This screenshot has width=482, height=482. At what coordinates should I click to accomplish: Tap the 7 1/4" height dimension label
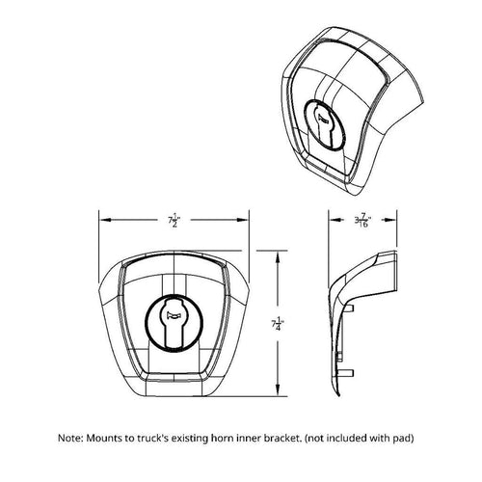click(x=279, y=325)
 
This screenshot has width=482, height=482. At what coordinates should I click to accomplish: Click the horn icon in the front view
click(x=174, y=311)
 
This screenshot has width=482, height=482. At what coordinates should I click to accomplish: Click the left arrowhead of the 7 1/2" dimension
click(x=104, y=221)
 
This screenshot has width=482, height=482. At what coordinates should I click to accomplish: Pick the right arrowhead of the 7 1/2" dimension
click(x=250, y=221)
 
